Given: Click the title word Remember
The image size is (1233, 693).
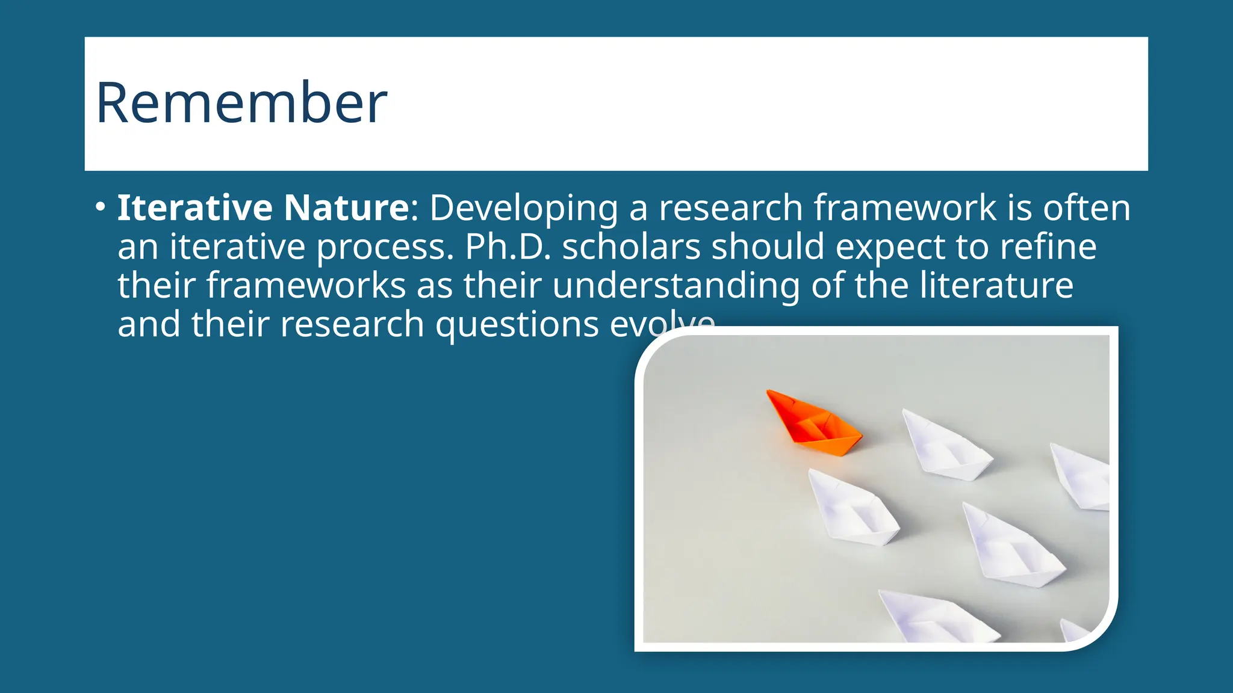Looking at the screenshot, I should [x=241, y=103].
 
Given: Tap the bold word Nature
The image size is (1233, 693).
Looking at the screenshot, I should [x=346, y=208].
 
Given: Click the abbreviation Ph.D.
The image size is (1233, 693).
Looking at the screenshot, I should [x=508, y=247].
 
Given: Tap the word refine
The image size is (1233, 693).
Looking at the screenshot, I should [x=1048, y=247].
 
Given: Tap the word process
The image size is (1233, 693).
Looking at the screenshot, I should [x=385, y=247].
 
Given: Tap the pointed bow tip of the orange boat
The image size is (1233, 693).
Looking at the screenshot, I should [x=769, y=392].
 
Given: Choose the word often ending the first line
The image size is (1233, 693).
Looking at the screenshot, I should [x=1086, y=208].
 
